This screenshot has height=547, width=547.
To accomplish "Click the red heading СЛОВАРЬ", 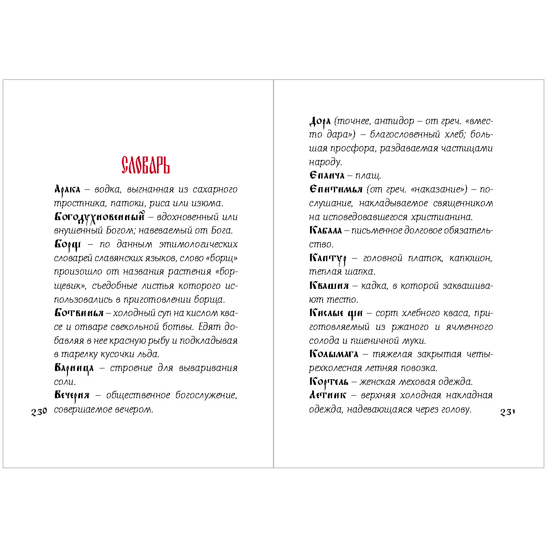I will pyautogui.click(x=145, y=165).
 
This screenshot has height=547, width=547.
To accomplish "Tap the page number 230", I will pyautogui.click(x=39, y=412).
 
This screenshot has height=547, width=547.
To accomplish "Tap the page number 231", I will pyautogui.click(x=508, y=412).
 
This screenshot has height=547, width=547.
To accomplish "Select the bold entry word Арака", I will pyautogui.click(x=67, y=189).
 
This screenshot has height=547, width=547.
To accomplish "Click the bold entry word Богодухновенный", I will pyautogui.click(x=99, y=217).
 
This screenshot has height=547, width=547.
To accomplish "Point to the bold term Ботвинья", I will pyautogui.click(x=79, y=313).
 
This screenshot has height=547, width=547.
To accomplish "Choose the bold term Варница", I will pyautogui.click(x=74, y=368).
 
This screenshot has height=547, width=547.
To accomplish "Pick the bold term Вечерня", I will pyautogui.click(x=72, y=395).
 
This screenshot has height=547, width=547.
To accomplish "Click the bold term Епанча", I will pyautogui.click(x=327, y=176).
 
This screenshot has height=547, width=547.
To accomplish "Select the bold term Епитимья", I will pyautogui.click(x=336, y=189).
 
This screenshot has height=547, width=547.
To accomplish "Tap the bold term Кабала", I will pyautogui.click(x=326, y=230).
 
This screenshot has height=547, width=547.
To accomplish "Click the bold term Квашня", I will pyautogui.click(x=329, y=285).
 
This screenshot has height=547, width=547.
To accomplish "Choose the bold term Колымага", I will pyautogui.click(x=334, y=354).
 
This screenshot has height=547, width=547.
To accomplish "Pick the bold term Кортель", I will pyautogui.click(x=329, y=382).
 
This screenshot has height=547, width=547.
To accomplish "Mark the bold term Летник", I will pyautogui.click(x=328, y=395).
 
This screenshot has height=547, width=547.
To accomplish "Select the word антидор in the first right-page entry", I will pyautogui.click(x=393, y=121).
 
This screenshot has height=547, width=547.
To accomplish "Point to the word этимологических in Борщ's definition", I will pyautogui.click(x=198, y=244).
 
